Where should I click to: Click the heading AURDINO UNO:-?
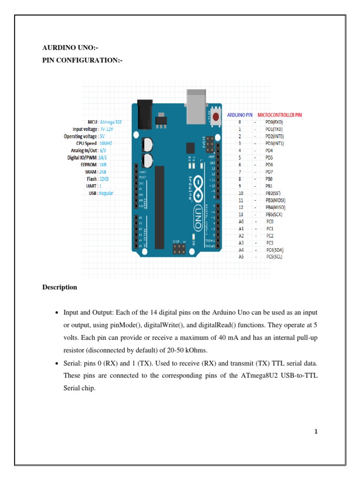pos(70,48)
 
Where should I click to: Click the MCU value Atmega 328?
pos(111,122)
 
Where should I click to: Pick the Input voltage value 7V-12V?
pos(107,129)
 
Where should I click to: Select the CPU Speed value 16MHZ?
pos(106,143)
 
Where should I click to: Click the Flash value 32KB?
pos(104,179)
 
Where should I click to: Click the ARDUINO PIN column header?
pos(240,114)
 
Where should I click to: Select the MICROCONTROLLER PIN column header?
pos(280,114)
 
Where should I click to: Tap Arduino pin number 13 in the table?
pos(240,214)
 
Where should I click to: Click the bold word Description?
pos(60,287)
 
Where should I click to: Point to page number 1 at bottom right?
pos(316,432)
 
